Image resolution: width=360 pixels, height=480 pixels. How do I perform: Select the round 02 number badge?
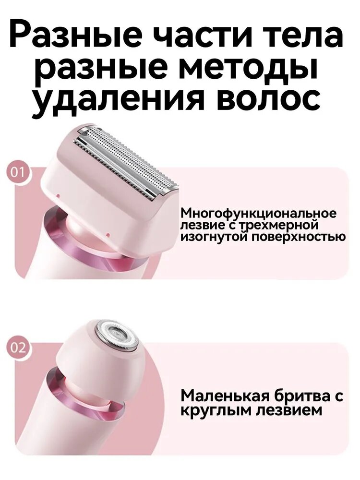pyautogui.click(x=17, y=348)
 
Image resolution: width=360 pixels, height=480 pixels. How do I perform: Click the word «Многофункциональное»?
pyautogui.click(x=259, y=214)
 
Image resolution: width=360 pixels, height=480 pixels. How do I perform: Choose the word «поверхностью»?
pyautogui.click(x=297, y=237)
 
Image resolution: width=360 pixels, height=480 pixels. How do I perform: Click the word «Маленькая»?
pyautogui.click(x=225, y=397)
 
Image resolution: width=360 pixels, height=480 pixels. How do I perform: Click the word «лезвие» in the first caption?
pyautogui.click(x=203, y=225)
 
